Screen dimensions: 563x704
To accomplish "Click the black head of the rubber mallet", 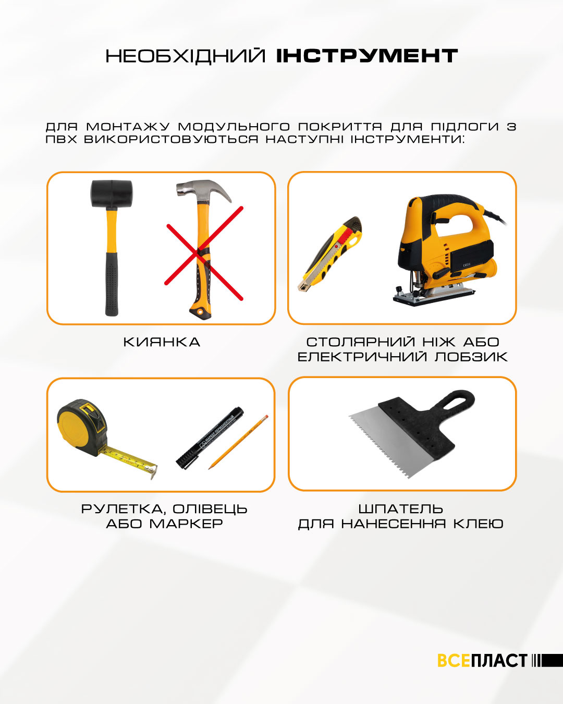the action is point(112,195).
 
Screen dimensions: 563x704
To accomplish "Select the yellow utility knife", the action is point(330,253).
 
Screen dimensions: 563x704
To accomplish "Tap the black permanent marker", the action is point(210,439).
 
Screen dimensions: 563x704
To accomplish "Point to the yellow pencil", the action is point(238,442).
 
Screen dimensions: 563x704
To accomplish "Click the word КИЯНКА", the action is point(162,342).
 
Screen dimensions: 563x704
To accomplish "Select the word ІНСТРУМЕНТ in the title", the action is point(367,56).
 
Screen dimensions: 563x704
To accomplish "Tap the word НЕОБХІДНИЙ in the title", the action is point(186,56).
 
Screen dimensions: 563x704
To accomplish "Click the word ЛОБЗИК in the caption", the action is point(471,357).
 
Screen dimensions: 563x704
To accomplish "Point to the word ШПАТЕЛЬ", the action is point(401,509).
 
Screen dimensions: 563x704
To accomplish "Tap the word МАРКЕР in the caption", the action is point(186,524).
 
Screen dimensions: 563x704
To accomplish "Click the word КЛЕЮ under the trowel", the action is point(478,524).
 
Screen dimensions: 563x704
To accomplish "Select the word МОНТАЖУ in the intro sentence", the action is point(128,126).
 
